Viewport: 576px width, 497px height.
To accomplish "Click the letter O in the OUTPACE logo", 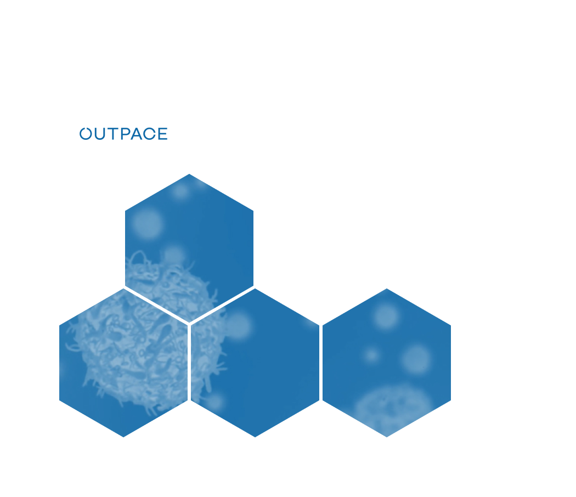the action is coord(86,134).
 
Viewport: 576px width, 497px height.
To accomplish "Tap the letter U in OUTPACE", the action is coord(100,134).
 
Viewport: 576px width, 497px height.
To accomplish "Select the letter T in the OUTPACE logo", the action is coord(113,134).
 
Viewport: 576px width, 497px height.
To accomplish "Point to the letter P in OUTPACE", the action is coord(126,134).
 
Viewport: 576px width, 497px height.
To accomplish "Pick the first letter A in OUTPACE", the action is coord(137,134).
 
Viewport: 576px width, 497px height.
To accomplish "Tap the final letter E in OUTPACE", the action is coord(163,134).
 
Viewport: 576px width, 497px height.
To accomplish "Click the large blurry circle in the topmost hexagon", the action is coord(147,224).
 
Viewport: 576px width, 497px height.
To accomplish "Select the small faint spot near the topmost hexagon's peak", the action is coord(180,191).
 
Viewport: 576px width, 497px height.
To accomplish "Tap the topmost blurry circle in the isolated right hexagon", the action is coord(386,316).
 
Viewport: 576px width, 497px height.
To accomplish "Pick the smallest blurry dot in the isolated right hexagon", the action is coord(371,355).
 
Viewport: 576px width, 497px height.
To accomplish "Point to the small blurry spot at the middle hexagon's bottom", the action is coord(214,402).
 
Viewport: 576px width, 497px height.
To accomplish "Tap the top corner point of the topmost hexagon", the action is coord(189,174).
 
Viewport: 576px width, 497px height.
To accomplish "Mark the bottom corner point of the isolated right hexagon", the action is coord(387,437).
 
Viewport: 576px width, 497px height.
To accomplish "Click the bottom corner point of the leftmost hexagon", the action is coord(123,437).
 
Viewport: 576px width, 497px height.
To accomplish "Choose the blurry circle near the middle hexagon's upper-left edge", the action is coord(238,325).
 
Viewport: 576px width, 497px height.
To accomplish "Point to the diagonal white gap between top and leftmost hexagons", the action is coord(156,306).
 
